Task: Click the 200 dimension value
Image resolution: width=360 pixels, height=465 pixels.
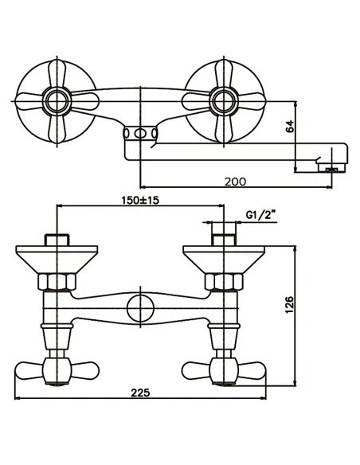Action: pos(235,182)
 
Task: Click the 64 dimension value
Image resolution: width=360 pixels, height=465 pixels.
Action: pos(289,127)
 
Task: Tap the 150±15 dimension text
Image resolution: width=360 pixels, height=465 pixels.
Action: pos(140,201)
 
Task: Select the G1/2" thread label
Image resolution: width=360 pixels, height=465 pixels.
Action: pos(261,214)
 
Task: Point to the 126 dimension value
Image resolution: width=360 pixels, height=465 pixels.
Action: pos(289,305)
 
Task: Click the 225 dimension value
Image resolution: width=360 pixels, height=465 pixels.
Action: pos(140,393)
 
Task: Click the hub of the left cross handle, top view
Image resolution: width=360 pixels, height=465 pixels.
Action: pos(57,101)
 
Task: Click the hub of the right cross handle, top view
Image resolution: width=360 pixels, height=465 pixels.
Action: pos(224,101)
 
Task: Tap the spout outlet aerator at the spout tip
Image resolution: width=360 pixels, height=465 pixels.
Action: pos(332,170)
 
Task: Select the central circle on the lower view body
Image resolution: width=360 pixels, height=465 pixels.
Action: pos(140,308)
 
